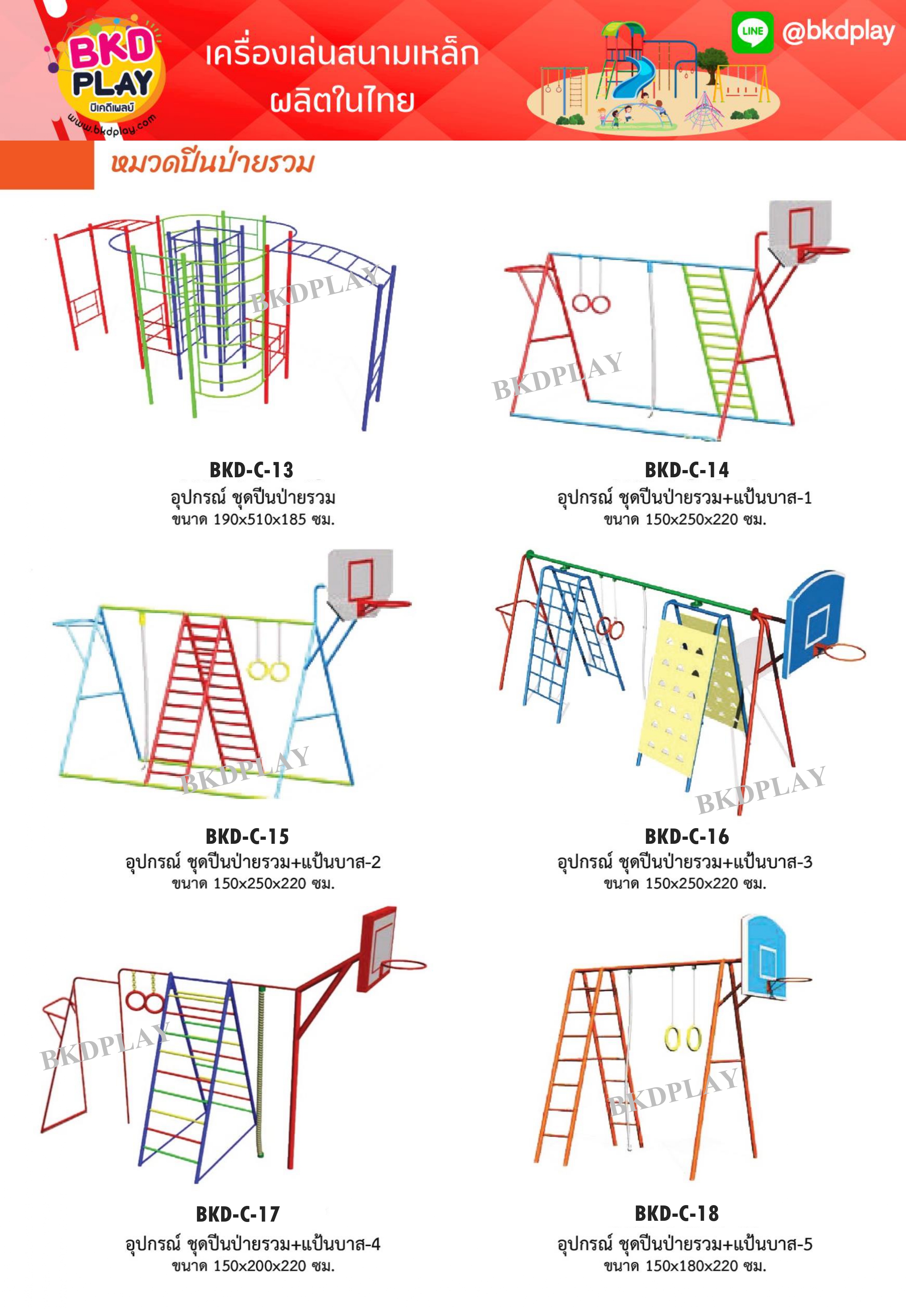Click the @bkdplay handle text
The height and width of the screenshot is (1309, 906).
(x=838, y=32)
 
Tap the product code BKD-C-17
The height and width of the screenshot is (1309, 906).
(x=238, y=1214)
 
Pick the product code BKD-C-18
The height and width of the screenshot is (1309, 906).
(x=676, y=1213)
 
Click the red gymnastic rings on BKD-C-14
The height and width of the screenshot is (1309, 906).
(x=591, y=304)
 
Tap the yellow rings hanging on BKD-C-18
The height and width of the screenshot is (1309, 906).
(x=683, y=1038)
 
